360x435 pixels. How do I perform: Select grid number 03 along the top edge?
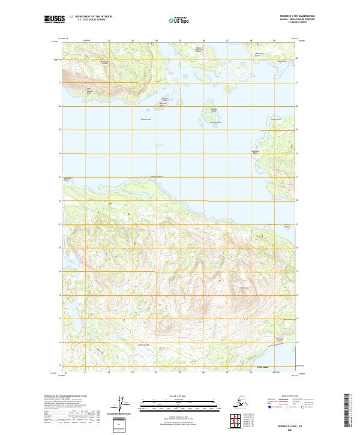point(133,41)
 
